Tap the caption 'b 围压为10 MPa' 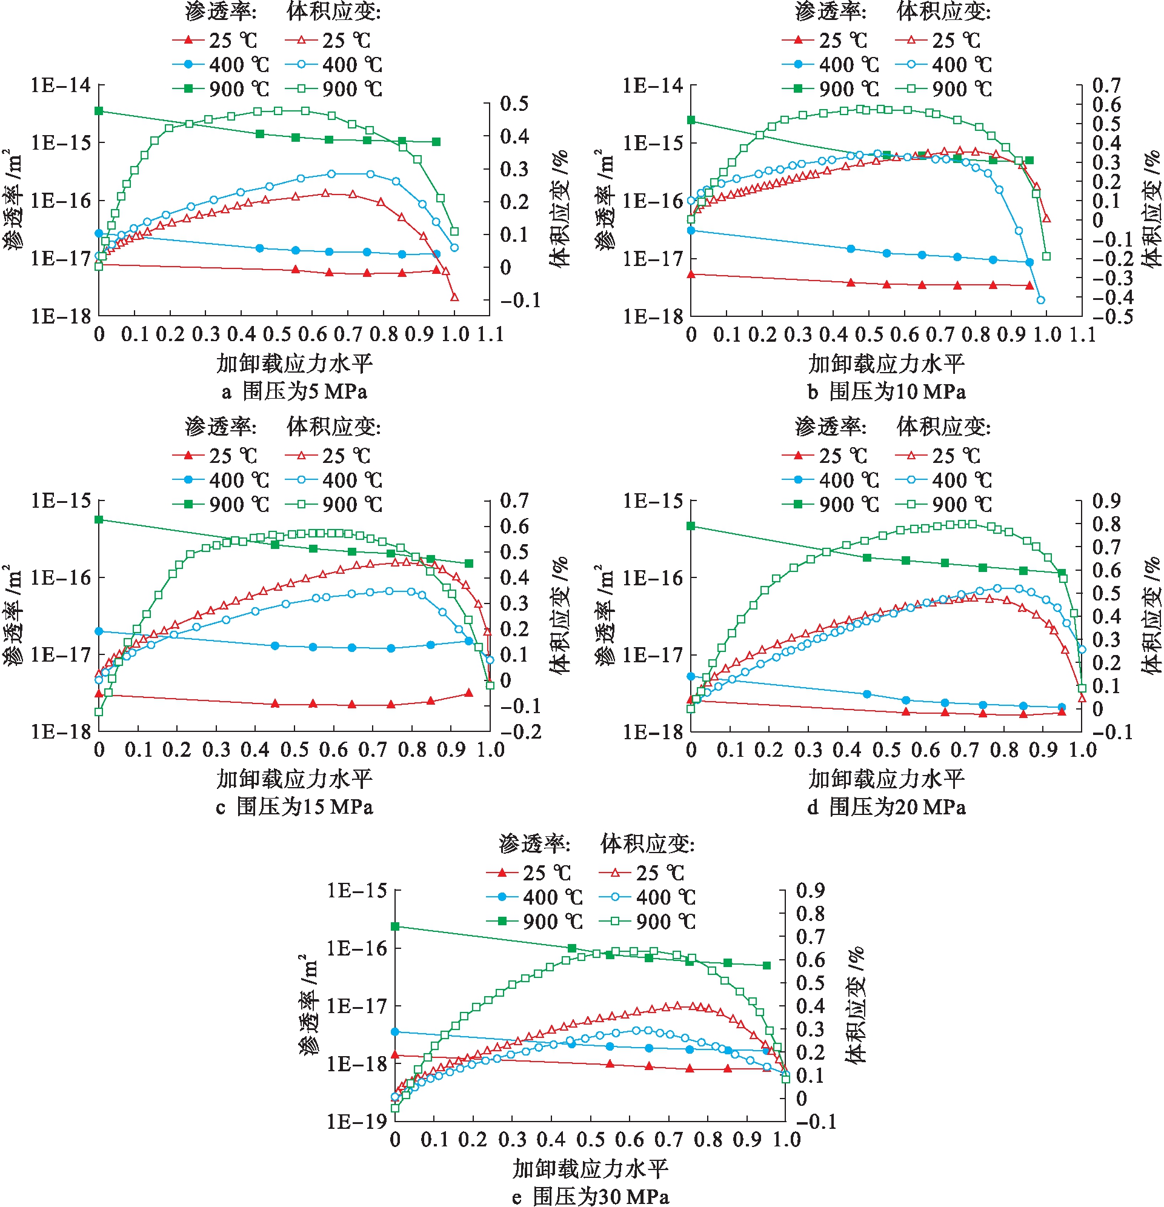(x=887, y=391)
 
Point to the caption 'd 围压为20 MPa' (x=887, y=806)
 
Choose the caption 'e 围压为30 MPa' (x=591, y=1197)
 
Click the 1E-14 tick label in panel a (x=61, y=85)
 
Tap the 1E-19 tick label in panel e (x=356, y=1122)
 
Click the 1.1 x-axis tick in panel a (x=490, y=334)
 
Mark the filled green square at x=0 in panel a (x=99, y=111)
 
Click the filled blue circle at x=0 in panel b (x=691, y=230)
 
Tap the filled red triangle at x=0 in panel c (x=99, y=693)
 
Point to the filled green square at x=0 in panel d (x=691, y=526)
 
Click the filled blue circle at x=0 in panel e (x=396, y=1031)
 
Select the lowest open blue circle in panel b (x=1041, y=300)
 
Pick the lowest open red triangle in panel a (x=454, y=297)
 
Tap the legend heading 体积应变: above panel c (x=333, y=427)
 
